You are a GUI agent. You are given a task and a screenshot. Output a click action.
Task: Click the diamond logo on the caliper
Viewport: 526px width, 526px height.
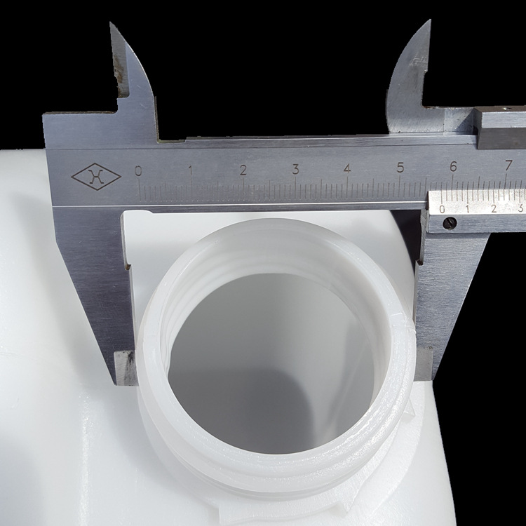pyautogui.click(x=96, y=177)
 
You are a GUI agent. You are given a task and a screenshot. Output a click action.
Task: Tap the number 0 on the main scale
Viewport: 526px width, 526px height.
pyautogui.click(x=138, y=171)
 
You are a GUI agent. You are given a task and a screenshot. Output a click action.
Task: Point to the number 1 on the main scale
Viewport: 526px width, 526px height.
pyautogui.click(x=191, y=170)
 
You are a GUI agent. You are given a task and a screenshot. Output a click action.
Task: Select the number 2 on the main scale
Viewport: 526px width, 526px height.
pyautogui.click(x=243, y=170)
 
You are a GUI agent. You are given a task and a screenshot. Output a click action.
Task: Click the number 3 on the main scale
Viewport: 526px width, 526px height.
pyautogui.click(x=295, y=169)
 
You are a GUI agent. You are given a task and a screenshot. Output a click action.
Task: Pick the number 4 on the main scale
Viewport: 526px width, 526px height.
pyautogui.click(x=348, y=168)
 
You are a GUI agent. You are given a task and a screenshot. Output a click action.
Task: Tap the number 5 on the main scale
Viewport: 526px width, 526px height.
pyautogui.click(x=400, y=167)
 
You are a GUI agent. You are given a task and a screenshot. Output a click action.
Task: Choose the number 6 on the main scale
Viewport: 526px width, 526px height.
pyautogui.click(x=453, y=166)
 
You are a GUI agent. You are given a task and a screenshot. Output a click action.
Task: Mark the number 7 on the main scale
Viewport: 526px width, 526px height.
pyautogui.click(x=508, y=165)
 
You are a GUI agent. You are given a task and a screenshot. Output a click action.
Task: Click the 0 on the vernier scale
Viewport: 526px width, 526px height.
pyautogui.click(x=442, y=209)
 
